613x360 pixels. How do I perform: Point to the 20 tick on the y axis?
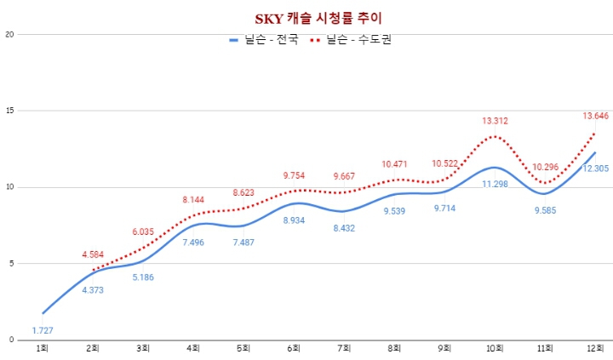(10, 35)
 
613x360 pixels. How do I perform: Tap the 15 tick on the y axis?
(10, 111)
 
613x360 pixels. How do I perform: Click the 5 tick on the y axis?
(10, 263)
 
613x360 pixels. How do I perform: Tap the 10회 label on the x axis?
(495, 348)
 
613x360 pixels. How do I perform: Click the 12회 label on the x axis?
(595, 348)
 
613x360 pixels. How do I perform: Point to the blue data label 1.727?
(43, 329)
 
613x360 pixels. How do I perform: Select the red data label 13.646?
(595, 116)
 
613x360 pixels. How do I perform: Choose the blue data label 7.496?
(194, 242)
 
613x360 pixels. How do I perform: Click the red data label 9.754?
(295, 175)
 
